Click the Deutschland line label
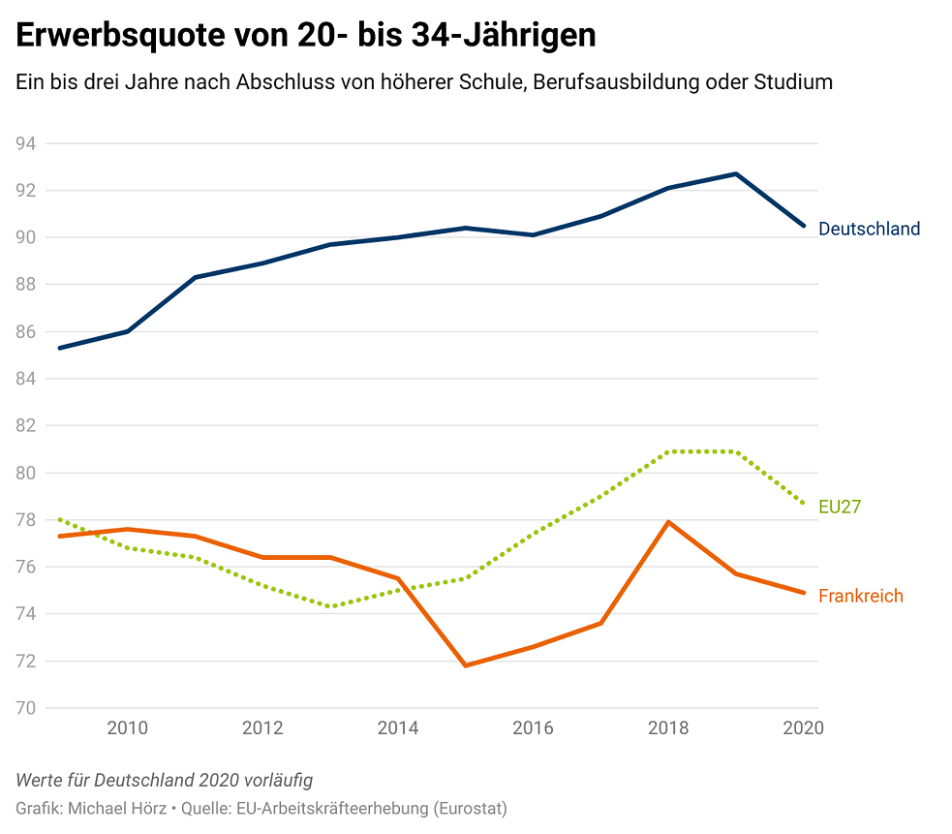click(x=869, y=230)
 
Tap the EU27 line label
click(x=840, y=507)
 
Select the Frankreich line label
click(x=860, y=596)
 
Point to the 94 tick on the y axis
click(x=26, y=143)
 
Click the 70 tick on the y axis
click(x=26, y=708)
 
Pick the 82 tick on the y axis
click(x=26, y=426)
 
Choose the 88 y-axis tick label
click(x=26, y=285)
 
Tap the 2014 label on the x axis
click(x=397, y=728)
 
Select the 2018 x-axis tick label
click(x=668, y=728)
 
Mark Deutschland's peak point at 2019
click(x=736, y=174)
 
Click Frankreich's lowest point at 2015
click(x=466, y=665)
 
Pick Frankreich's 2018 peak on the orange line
click(x=668, y=522)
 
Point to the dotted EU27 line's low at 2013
click(x=330, y=606)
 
